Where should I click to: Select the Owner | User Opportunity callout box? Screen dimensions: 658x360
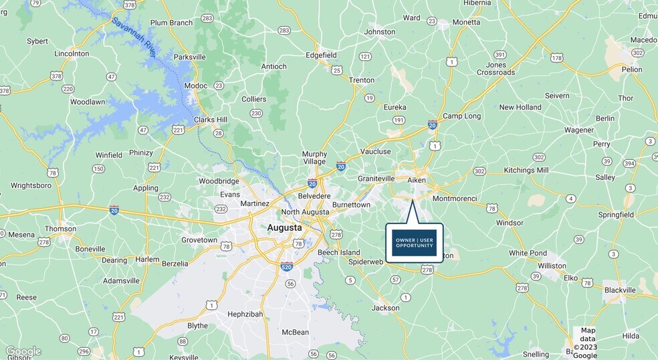414,242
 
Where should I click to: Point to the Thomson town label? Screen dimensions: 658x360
61,228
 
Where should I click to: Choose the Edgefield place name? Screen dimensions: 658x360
320,55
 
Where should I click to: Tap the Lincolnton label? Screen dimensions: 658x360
72,54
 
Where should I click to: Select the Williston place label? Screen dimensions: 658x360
552,266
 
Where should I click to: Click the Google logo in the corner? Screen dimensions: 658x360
23,351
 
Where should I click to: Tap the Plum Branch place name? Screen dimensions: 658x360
171,23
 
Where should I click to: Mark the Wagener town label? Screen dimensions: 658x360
579,130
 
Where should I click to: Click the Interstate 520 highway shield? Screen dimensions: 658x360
286,266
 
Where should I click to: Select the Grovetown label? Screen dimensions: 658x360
199,240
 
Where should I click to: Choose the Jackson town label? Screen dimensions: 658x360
385,308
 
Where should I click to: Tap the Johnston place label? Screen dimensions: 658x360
379,31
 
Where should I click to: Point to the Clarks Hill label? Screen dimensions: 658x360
211,120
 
